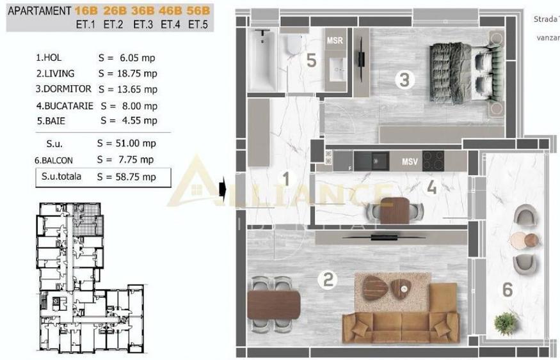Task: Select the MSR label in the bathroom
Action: click(x=335, y=41)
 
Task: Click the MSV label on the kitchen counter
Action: click(x=410, y=162)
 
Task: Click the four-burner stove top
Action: click(x=434, y=160)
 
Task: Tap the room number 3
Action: click(x=403, y=80)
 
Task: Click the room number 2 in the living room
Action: click(x=328, y=279)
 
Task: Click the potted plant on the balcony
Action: click(x=506, y=323)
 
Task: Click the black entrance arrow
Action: click(x=222, y=189)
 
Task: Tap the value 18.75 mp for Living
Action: click(x=126, y=74)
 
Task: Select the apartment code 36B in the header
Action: click(x=145, y=11)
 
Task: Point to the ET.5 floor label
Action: click(x=198, y=25)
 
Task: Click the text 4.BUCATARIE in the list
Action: click(x=65, y=106)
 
